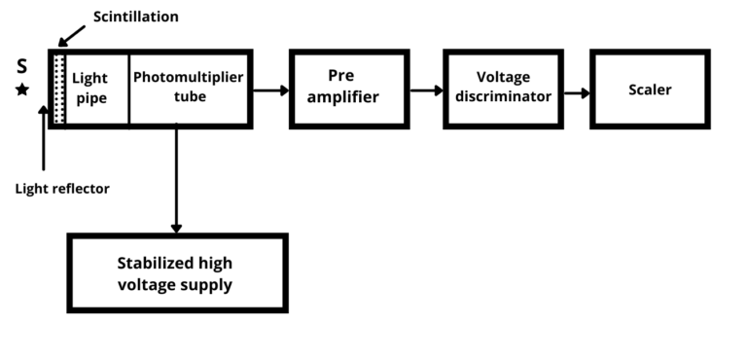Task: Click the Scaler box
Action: point(649,90)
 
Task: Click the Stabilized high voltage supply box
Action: point(176,272)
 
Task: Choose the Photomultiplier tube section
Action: point(189,89)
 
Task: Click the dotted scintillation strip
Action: point(59,89)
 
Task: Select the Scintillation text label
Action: point(136,17)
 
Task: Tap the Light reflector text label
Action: point(62,189)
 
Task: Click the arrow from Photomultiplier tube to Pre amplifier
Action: point(270,90)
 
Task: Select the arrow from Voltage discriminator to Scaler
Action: point(575,93)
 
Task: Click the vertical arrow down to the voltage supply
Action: point(176,180)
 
